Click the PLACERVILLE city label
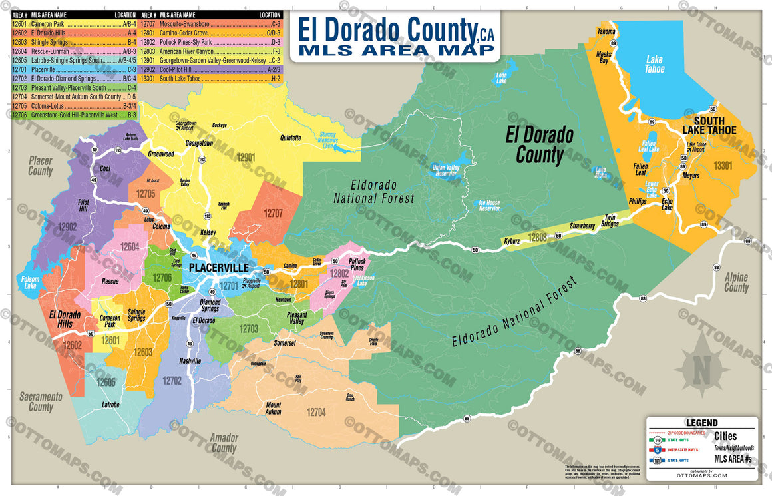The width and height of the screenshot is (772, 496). click(x=218, y=268)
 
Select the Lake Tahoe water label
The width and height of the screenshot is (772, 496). click(x=654, y=64)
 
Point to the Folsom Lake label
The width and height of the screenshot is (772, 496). click(x=30, y=282)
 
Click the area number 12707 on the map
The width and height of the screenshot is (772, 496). click(x=273, y=214)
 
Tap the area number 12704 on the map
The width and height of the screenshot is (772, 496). click(x=316, y=412)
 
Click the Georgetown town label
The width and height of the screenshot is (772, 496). click(x=199, y=143)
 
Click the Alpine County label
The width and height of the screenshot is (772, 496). click(x=736, y=282)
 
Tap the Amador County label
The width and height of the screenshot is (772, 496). click(x=223, y=443)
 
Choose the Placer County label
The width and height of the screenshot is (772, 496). click(x=40, y=166)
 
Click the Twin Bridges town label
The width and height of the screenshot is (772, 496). click(x=610, y=220)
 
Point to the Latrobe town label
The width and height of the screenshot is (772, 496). click(x=110, y=405)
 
